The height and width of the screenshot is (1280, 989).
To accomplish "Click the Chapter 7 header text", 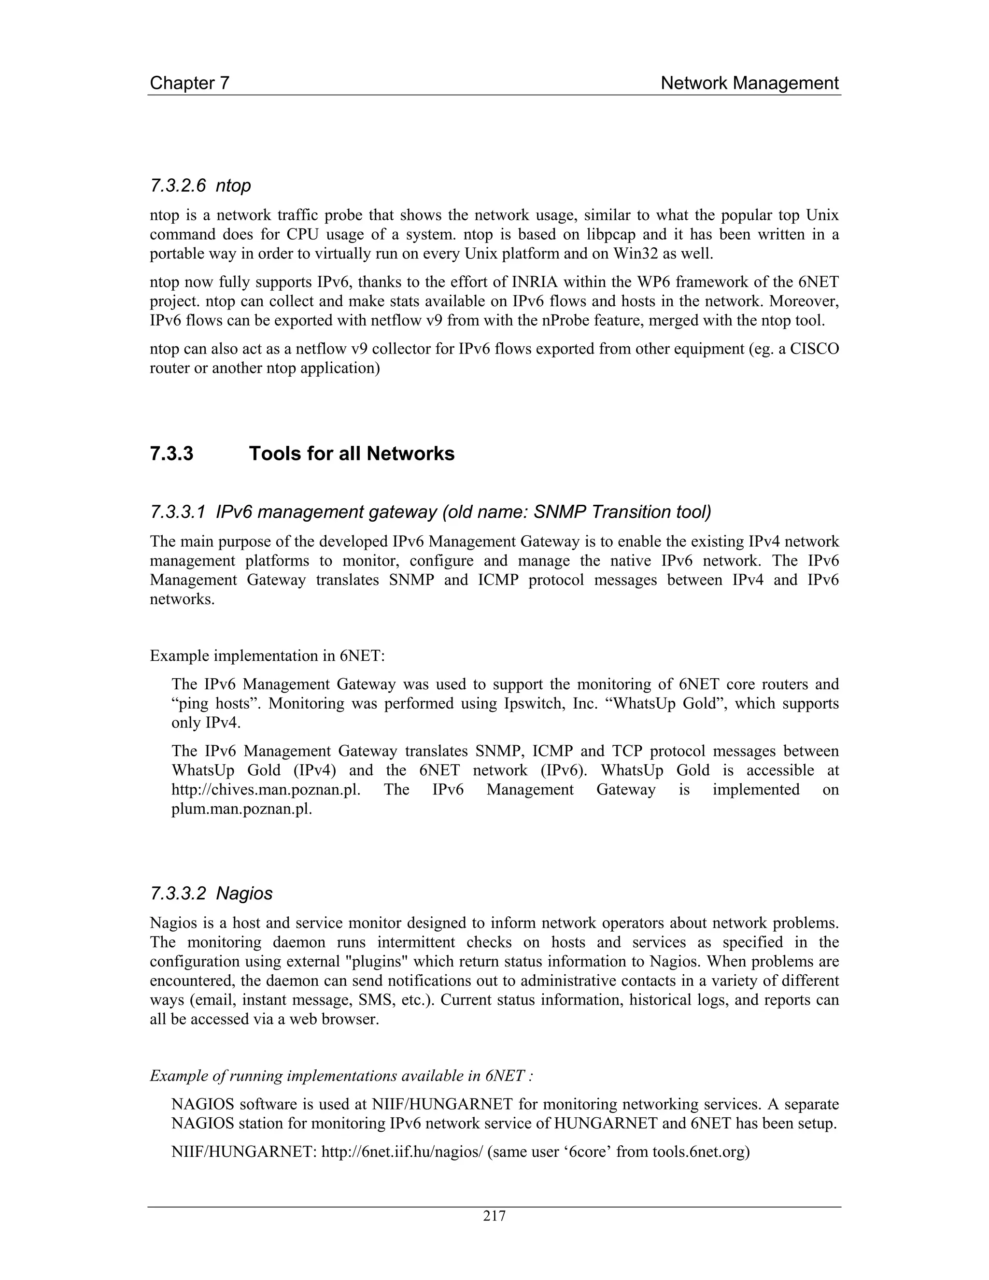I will click(x=189, y=83).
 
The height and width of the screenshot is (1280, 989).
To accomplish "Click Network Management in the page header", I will click(x=749, y=83).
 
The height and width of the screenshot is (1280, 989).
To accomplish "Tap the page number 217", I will click(x=494, y=1216).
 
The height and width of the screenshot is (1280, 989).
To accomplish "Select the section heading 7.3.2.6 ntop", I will click(x=200, y=186).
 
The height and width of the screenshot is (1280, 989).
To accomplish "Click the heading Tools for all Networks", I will click(x=352, y=454).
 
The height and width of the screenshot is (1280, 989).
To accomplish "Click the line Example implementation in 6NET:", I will click(x=267, y=656).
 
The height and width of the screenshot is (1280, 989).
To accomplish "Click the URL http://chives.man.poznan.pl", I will click(x=266, y=790).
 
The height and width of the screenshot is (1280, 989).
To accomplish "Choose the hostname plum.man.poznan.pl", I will click(x=241, y=810).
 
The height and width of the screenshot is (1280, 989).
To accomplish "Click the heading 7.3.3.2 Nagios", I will click(x=212, y=894).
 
